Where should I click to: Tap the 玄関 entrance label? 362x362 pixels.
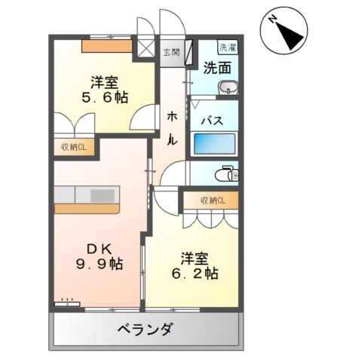[171, 52]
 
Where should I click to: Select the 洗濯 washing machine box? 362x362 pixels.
[227, 47]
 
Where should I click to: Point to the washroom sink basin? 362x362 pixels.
[227, 90]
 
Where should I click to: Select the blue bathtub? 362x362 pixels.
[215, 143]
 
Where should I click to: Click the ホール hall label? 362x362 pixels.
[172, 127]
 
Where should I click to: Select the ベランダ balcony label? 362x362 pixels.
[146, 330]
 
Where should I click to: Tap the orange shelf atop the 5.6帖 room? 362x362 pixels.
[106, 45]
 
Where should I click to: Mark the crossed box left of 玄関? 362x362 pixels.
[143, 49]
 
